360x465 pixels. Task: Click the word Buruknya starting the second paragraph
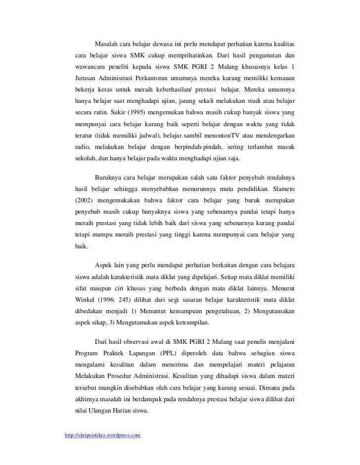coord(110,178)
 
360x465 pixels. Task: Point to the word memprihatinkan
coord(191,55)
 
